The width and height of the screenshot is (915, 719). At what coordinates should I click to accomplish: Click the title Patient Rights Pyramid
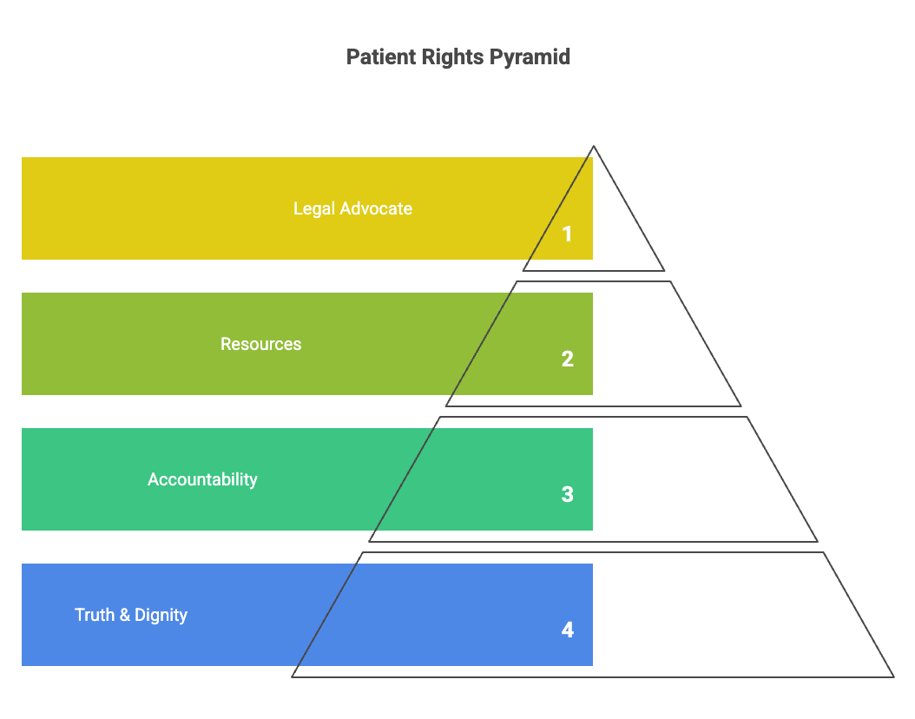457,57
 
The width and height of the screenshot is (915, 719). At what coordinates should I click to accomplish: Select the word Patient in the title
379,57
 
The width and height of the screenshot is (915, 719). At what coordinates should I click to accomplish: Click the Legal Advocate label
352,208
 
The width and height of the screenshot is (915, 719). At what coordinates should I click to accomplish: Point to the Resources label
260,344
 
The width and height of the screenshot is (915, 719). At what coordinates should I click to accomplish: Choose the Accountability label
202,479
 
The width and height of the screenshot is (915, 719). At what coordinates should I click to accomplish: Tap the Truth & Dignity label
131,615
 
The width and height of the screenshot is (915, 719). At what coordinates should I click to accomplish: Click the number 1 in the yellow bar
567,234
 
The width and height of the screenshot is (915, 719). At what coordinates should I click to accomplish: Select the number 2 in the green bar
567,359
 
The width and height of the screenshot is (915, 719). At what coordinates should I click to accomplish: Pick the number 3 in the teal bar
567,494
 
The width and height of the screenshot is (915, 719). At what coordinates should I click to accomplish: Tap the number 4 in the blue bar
567,630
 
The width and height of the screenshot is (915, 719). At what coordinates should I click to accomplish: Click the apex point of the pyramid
594,147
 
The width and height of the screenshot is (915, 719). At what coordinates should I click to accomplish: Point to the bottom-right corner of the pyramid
892,676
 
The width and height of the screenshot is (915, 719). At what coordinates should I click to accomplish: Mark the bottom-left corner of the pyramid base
293,676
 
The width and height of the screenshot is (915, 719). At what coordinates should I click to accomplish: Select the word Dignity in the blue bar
161,615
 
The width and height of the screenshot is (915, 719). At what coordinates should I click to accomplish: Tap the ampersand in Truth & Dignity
124,615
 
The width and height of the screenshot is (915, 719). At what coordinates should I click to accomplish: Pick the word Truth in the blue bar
95,615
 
